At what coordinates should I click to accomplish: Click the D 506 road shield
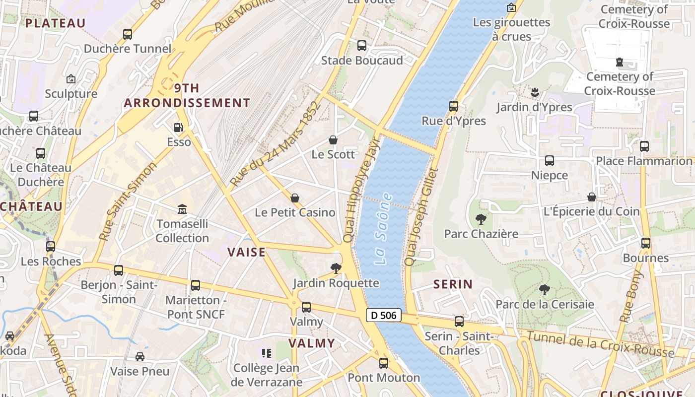[x=383, y=315]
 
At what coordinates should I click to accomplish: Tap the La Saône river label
[x=383, y=229]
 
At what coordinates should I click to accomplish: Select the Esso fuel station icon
[x=178, y=128]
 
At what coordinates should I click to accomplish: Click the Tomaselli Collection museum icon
[x=182, y=209]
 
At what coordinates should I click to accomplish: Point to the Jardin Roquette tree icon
[x=336, y=268]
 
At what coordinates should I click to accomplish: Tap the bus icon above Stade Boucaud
[x=362, y=46]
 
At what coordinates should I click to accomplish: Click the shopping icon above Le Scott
[x=333, y=140]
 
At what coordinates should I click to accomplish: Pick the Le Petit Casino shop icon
[x=295, y=198]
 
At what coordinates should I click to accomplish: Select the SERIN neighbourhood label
[x=453, y=284]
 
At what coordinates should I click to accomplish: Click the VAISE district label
[x=247, y=252]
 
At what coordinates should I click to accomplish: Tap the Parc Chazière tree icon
[x=481, y=219]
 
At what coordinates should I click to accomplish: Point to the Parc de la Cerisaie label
[x=545, y=304]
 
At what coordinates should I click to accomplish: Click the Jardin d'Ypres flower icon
[x=535, y=92]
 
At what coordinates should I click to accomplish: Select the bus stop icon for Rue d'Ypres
[x=453, y=106]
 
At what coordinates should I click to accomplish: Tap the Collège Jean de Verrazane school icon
[x=267, y=353]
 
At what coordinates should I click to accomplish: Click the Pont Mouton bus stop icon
[x=384, y=363]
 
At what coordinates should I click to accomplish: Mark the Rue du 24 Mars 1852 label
[x=276, y=144]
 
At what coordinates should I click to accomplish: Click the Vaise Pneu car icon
[x=140, y=357]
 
